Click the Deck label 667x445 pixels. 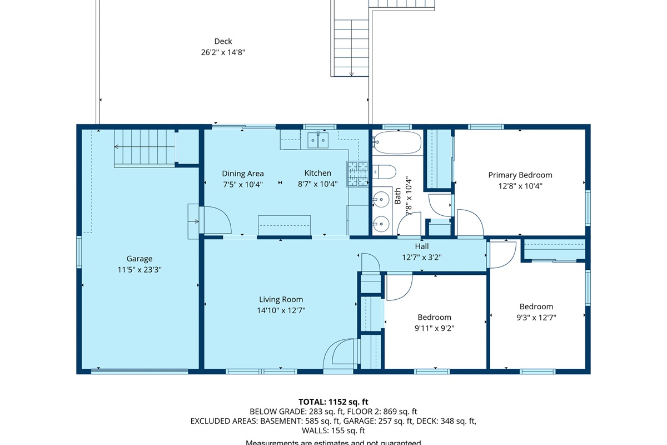(223, 41)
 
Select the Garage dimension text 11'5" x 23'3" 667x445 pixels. (139, 269)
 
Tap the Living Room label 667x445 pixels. (281, 300)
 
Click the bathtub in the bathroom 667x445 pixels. (397, 143)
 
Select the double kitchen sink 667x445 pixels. (318, 140)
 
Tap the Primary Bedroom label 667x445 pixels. (520, 175)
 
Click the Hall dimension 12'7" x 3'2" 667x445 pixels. (421, 257)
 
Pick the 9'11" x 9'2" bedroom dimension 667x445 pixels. (434, 328)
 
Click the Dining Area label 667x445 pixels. (243, 174)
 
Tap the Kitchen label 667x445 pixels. (317, 174)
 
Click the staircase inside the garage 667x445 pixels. (144, 147)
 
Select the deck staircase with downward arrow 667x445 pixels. (351, 47)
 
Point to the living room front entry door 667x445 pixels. (340, 354)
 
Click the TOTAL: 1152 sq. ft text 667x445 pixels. (333, 402)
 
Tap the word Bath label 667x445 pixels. (398, 196)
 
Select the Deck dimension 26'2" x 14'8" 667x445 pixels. (223, 52)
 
